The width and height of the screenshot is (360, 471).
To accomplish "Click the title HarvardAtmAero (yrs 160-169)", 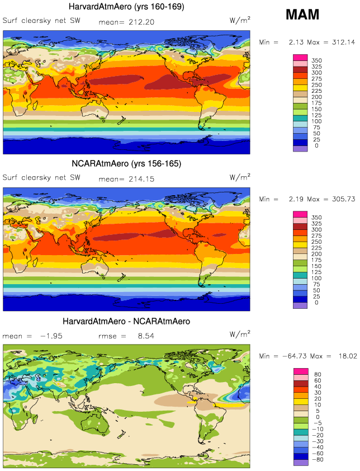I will pyautogui.click(x=127, y=7).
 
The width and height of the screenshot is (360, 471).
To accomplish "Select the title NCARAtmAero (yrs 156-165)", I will pyautogui.click(x=127, y=163).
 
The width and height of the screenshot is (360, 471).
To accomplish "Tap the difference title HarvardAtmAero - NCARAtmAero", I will pyautogui.click(x=127, y=321).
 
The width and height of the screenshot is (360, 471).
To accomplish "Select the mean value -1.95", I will pyautogui.click(x=49, y=336).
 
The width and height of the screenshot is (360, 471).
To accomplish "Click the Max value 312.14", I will pyautogui.click(x=342, y=43).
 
